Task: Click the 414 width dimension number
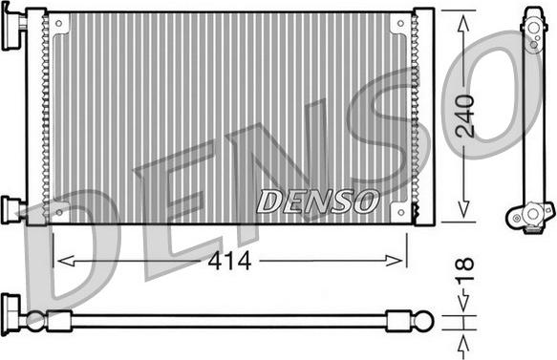(229, 262)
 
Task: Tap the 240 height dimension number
(465, 116)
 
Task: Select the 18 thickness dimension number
(465, 269)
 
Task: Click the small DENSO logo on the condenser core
(317, 201)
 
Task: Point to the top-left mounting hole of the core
(59, 24)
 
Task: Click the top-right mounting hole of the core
(400, 24)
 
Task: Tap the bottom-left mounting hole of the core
(59, 213)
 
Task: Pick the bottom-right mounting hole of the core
(401, 213)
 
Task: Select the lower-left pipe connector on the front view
(13, 209)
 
